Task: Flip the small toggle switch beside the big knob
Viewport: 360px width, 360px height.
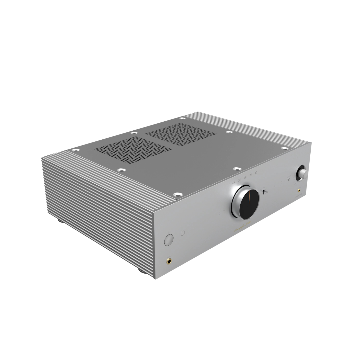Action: click(x=265, y=192)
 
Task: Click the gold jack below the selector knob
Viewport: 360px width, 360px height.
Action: click(x=299, y=191)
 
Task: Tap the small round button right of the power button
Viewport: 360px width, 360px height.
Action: click(x=183, y=233)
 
